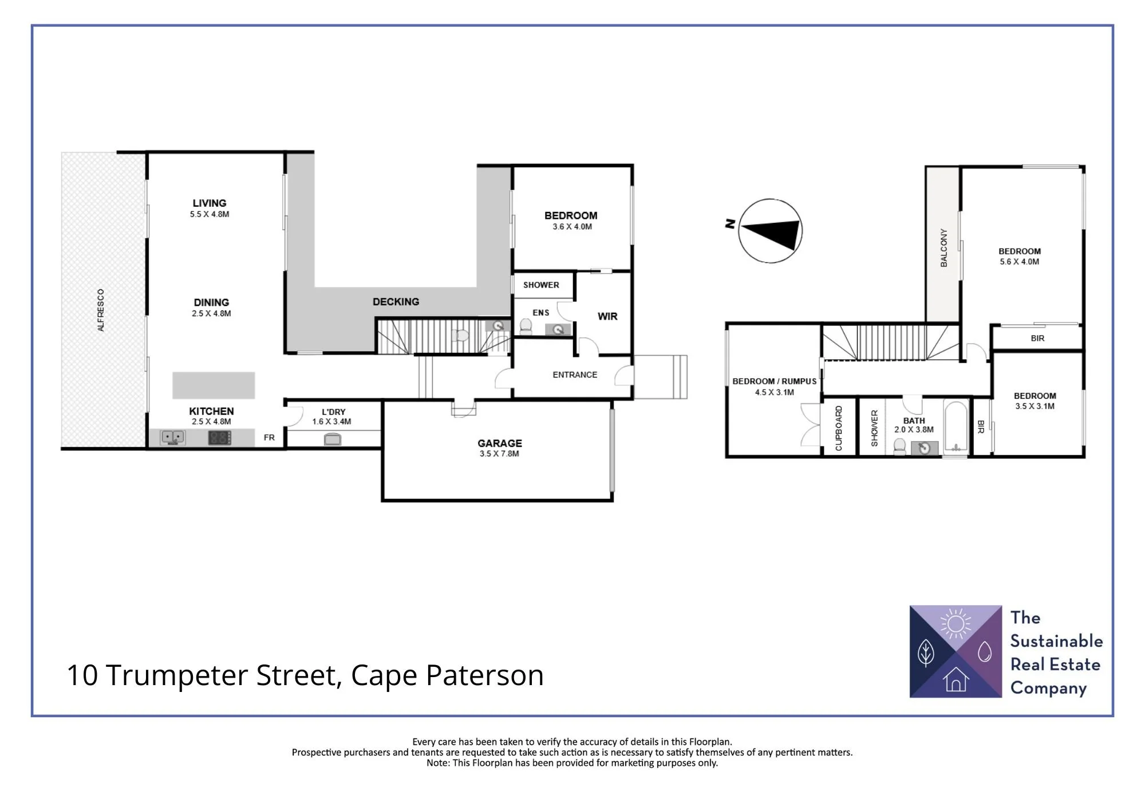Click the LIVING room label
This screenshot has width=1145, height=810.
[x=210, y=203]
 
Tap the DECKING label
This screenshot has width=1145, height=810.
[x=396, y=301]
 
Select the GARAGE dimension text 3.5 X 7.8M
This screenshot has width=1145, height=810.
[x=499, y=454]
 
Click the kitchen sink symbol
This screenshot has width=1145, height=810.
[x=172, y=438]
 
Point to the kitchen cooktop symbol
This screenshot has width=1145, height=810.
[x=219, y=438]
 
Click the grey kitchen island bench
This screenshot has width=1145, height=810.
[x=214, y=385]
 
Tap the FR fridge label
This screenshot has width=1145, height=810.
[x=269, y=438]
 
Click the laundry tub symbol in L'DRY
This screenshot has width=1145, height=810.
[x=333, y=439]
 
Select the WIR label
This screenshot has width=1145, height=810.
[x=607, y=316]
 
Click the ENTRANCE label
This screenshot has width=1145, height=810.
[x=575, y=375]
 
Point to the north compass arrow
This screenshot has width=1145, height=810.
[x=770, y=231]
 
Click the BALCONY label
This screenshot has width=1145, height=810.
[x=943, y=247]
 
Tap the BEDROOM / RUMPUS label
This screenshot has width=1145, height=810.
[x=774, y=382]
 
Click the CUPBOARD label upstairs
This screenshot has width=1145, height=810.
[x=839, y=428]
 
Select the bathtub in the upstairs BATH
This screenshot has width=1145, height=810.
[x=955, y=427]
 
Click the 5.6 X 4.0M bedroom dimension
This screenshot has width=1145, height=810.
[x=1019, y=262]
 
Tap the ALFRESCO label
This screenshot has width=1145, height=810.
[x=101, y=310]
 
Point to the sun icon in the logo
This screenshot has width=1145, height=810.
[x=956, y=623]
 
